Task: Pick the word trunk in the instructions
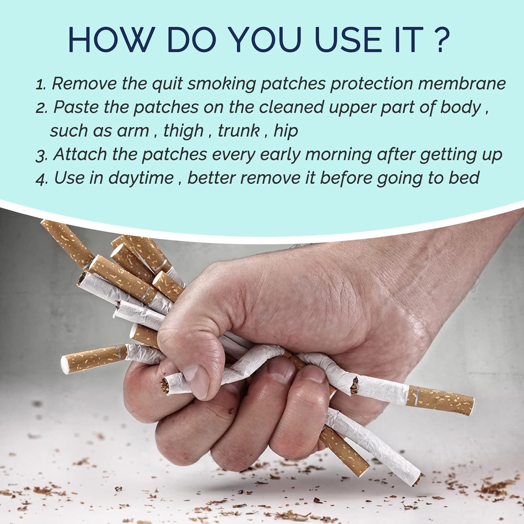(239, 131)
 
